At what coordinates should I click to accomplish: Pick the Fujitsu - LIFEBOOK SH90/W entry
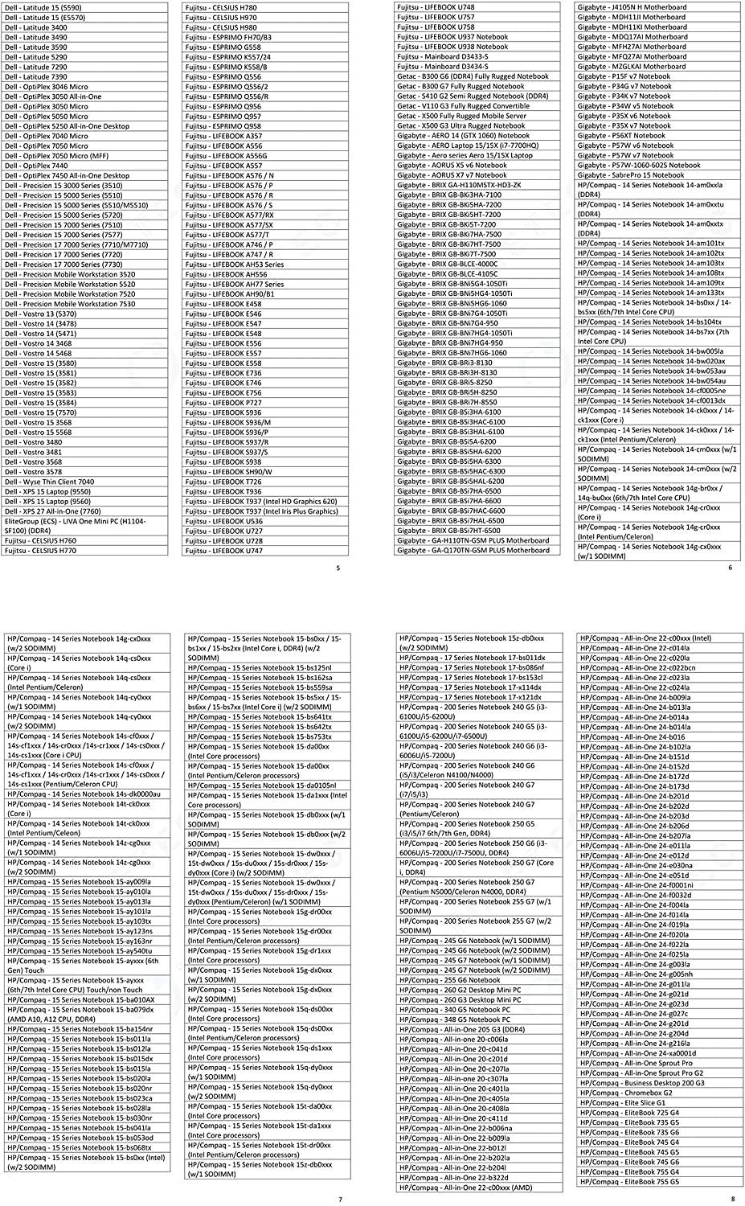228,472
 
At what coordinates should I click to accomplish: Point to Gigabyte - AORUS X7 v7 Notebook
452,175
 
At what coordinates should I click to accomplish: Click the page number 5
338,568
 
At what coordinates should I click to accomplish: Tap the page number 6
731,568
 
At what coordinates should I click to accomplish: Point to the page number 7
340,1200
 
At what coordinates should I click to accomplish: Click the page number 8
732,1200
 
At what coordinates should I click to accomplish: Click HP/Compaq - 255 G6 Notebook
450,980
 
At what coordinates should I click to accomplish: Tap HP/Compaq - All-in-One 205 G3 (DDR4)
462,1029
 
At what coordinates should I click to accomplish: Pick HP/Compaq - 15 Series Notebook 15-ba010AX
80,1000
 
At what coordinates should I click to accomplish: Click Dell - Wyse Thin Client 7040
49,482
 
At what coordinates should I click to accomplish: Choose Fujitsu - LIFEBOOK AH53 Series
234,265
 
